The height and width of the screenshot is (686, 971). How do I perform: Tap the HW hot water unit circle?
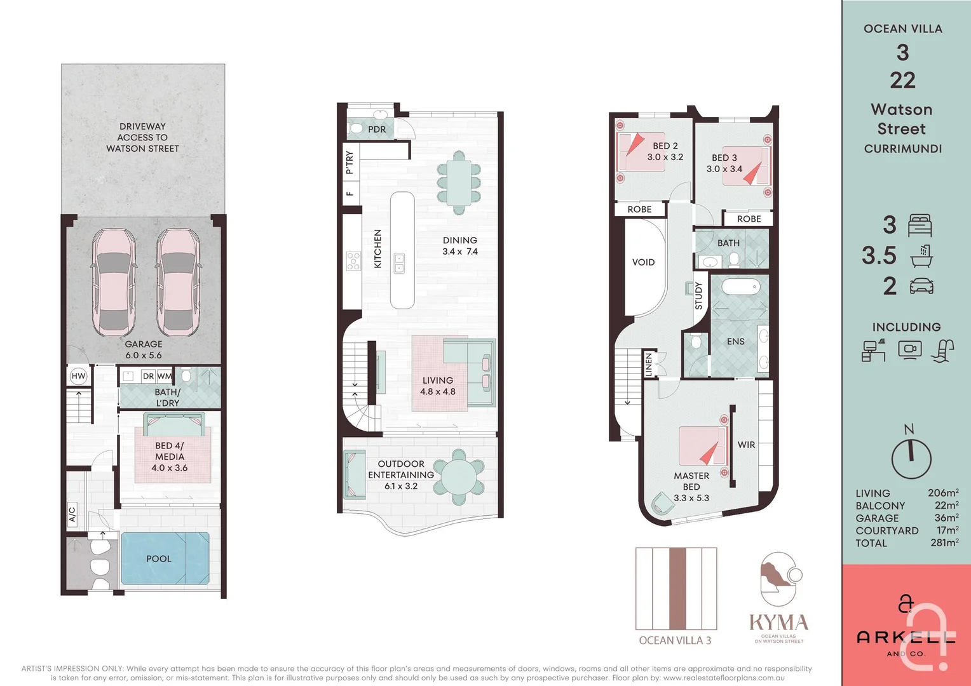78,376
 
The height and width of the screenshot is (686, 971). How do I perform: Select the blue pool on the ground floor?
165,558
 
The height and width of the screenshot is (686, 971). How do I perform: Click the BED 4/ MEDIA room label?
169,457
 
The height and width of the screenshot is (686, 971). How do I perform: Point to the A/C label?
72,514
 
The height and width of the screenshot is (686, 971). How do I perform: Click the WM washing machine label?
165,376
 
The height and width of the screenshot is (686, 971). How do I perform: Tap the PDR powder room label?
377,130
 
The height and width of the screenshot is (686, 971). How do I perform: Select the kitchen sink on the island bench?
399,263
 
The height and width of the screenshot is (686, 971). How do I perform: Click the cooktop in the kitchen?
353,261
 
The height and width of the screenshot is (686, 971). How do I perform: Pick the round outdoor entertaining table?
459,477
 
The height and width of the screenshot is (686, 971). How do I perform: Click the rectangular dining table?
459,182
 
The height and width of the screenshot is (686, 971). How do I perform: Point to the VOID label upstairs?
643,262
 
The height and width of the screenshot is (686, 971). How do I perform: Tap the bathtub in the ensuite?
740,287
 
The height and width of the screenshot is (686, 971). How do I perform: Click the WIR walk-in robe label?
746,445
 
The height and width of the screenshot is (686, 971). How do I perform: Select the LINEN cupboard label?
649,365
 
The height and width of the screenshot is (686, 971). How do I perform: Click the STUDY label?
699,296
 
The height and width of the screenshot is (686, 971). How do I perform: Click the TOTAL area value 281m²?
944,543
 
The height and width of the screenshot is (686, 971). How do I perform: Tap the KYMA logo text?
778,622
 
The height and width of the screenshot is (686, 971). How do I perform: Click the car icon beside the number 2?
921,286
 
